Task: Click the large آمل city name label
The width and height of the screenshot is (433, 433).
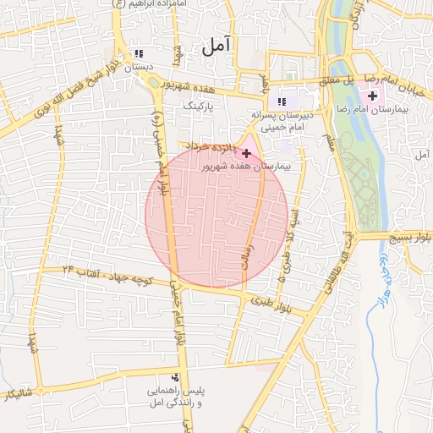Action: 218,47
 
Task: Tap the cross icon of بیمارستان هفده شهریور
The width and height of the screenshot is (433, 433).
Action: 246,154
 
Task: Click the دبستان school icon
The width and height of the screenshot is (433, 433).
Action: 139,54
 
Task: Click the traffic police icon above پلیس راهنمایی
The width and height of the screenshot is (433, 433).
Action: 175,377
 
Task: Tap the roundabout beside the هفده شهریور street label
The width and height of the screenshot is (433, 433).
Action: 154,81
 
